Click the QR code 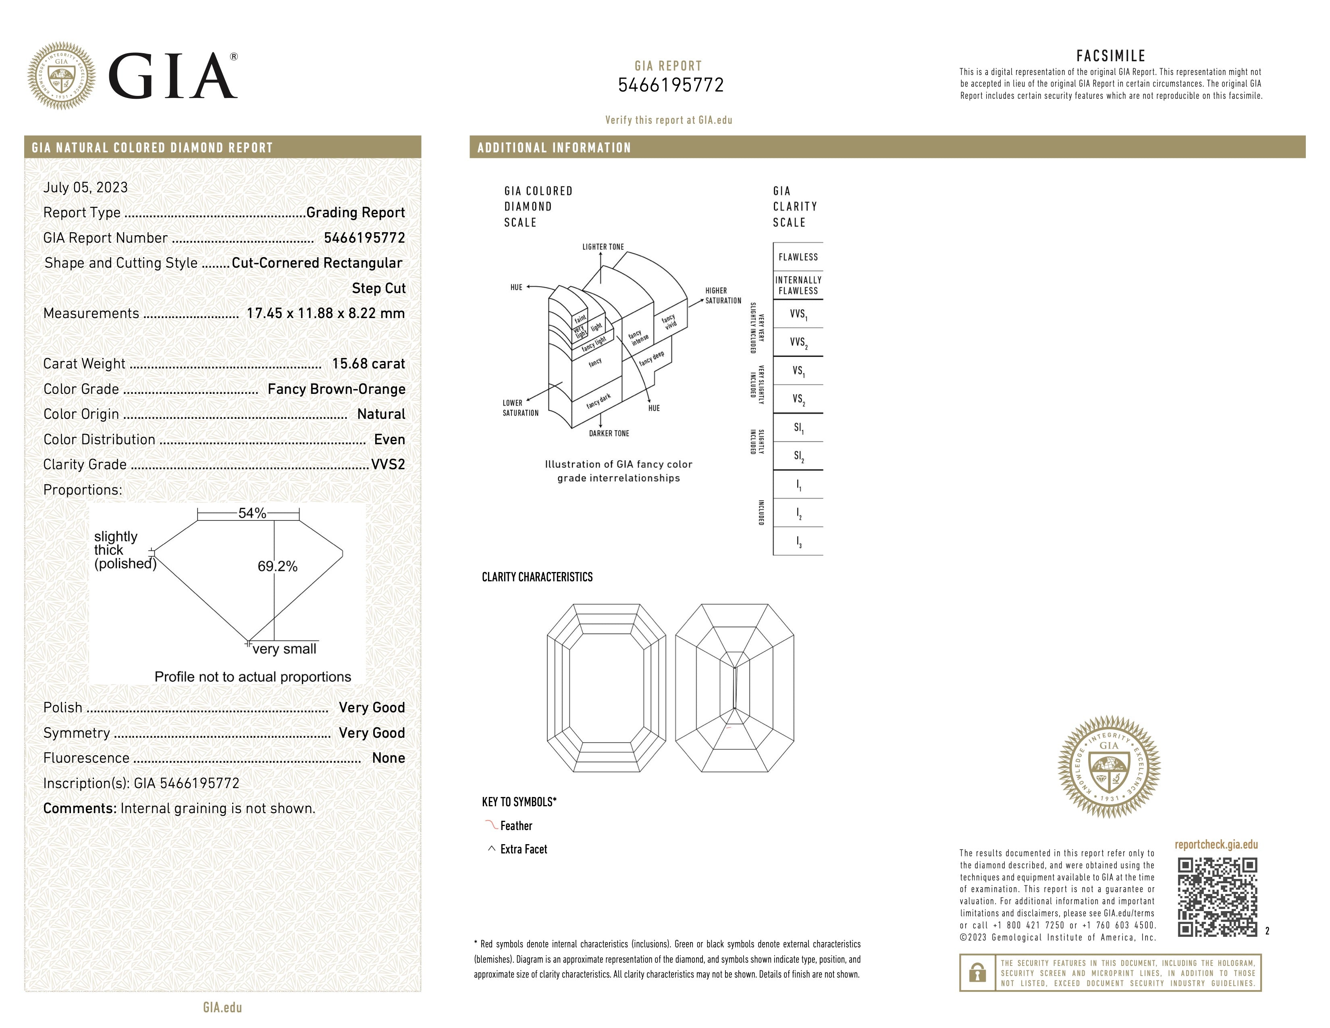click(1217, 897)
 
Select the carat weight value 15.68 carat click(368, 364)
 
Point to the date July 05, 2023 click(85, 187)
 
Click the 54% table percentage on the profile click(252, 513)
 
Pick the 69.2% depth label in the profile click(277, 566)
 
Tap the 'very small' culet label click(285, 649)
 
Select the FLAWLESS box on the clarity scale click(798, 257)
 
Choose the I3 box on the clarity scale click(798, 541)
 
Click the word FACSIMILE click(1110, 56)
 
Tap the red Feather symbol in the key click(491, 825)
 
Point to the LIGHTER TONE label click(603, 247)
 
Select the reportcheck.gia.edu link click(1216, 845)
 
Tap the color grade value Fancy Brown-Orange click(336, 389)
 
